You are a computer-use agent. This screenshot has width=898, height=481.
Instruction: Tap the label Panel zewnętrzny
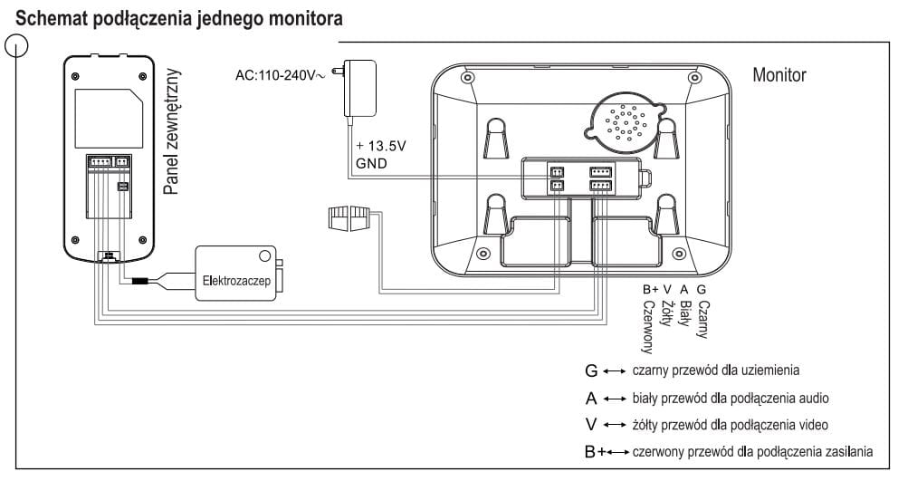click(x=172, y=131)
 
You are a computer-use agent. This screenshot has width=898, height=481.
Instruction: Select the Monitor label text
click(x=779, y=74)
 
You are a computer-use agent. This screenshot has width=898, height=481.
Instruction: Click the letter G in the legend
click(x=592, y=370)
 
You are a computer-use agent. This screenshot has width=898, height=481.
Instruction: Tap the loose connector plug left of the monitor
click(x=347, y=217)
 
